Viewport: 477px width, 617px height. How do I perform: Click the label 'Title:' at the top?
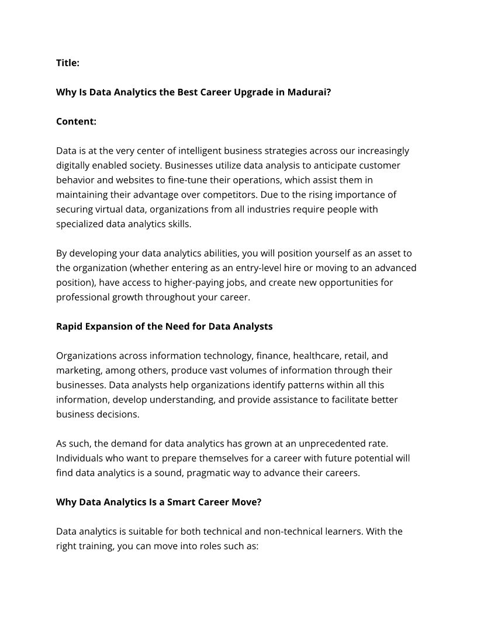[x=68, y=63]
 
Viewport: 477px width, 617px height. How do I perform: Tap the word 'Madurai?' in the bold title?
[x=309, y=92]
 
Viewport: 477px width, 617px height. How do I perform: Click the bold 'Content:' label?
[x=76, y=122]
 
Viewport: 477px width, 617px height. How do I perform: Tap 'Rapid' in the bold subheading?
[x=70, y=326]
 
